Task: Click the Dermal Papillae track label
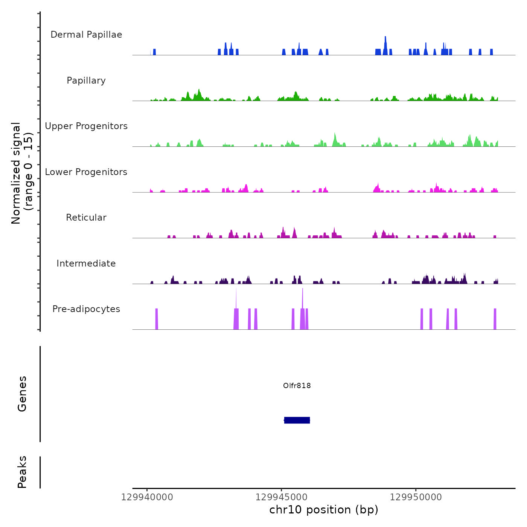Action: [86, 35]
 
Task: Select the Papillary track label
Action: [86, 81]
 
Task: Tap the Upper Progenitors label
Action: [86, 126]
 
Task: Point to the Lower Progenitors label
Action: [86, 172]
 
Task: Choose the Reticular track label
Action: [86, 218]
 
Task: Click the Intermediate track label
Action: [86, 263]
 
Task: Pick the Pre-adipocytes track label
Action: [86, 309]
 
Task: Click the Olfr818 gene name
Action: [297, 385]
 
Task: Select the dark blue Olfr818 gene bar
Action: [297, 420]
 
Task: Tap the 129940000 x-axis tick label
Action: [147, 497]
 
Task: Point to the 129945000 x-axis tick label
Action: [282, 497]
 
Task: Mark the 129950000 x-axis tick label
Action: [416, 497]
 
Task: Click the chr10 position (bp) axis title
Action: [324, 510]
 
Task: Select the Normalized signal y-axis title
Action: [22, 173]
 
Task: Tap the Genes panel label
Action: [22, 394]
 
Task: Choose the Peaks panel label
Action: [22, 472]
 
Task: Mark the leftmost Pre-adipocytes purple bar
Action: [157, 319]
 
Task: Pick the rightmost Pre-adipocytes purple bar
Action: [495, 319]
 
